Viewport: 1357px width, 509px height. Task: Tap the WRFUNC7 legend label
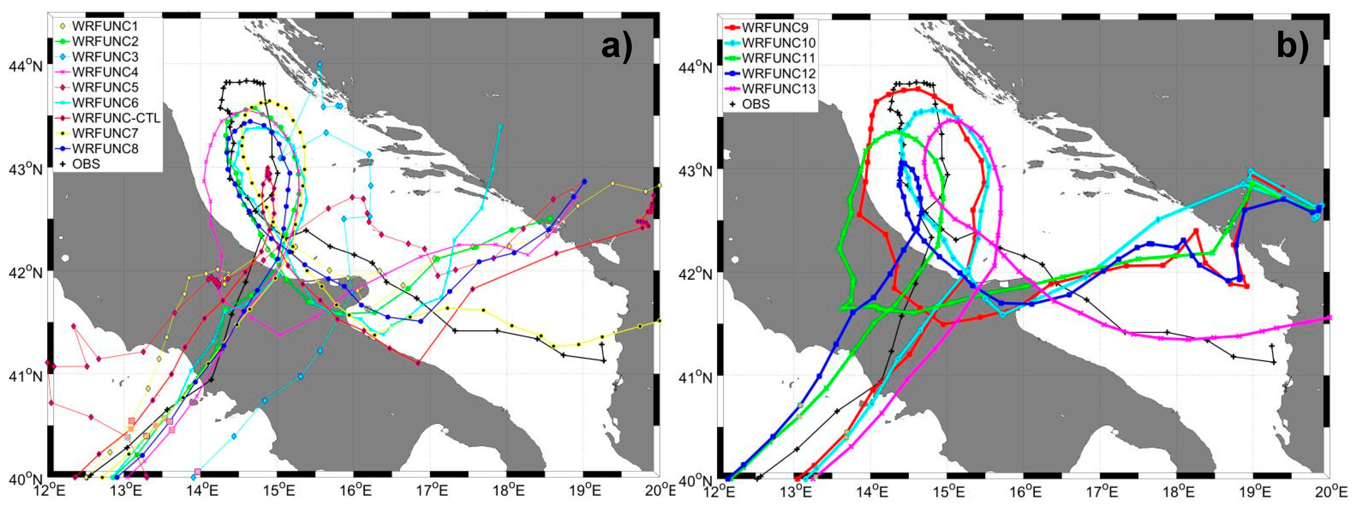pos(105,133)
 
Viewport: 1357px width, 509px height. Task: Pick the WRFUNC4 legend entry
pos(105,72)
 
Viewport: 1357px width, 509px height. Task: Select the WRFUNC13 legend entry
pos(779,88)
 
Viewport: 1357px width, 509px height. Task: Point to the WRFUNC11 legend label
pos(779,58)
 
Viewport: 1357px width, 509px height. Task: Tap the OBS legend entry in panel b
pos(755,104)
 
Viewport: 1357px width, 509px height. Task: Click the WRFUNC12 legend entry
pos(779,73)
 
